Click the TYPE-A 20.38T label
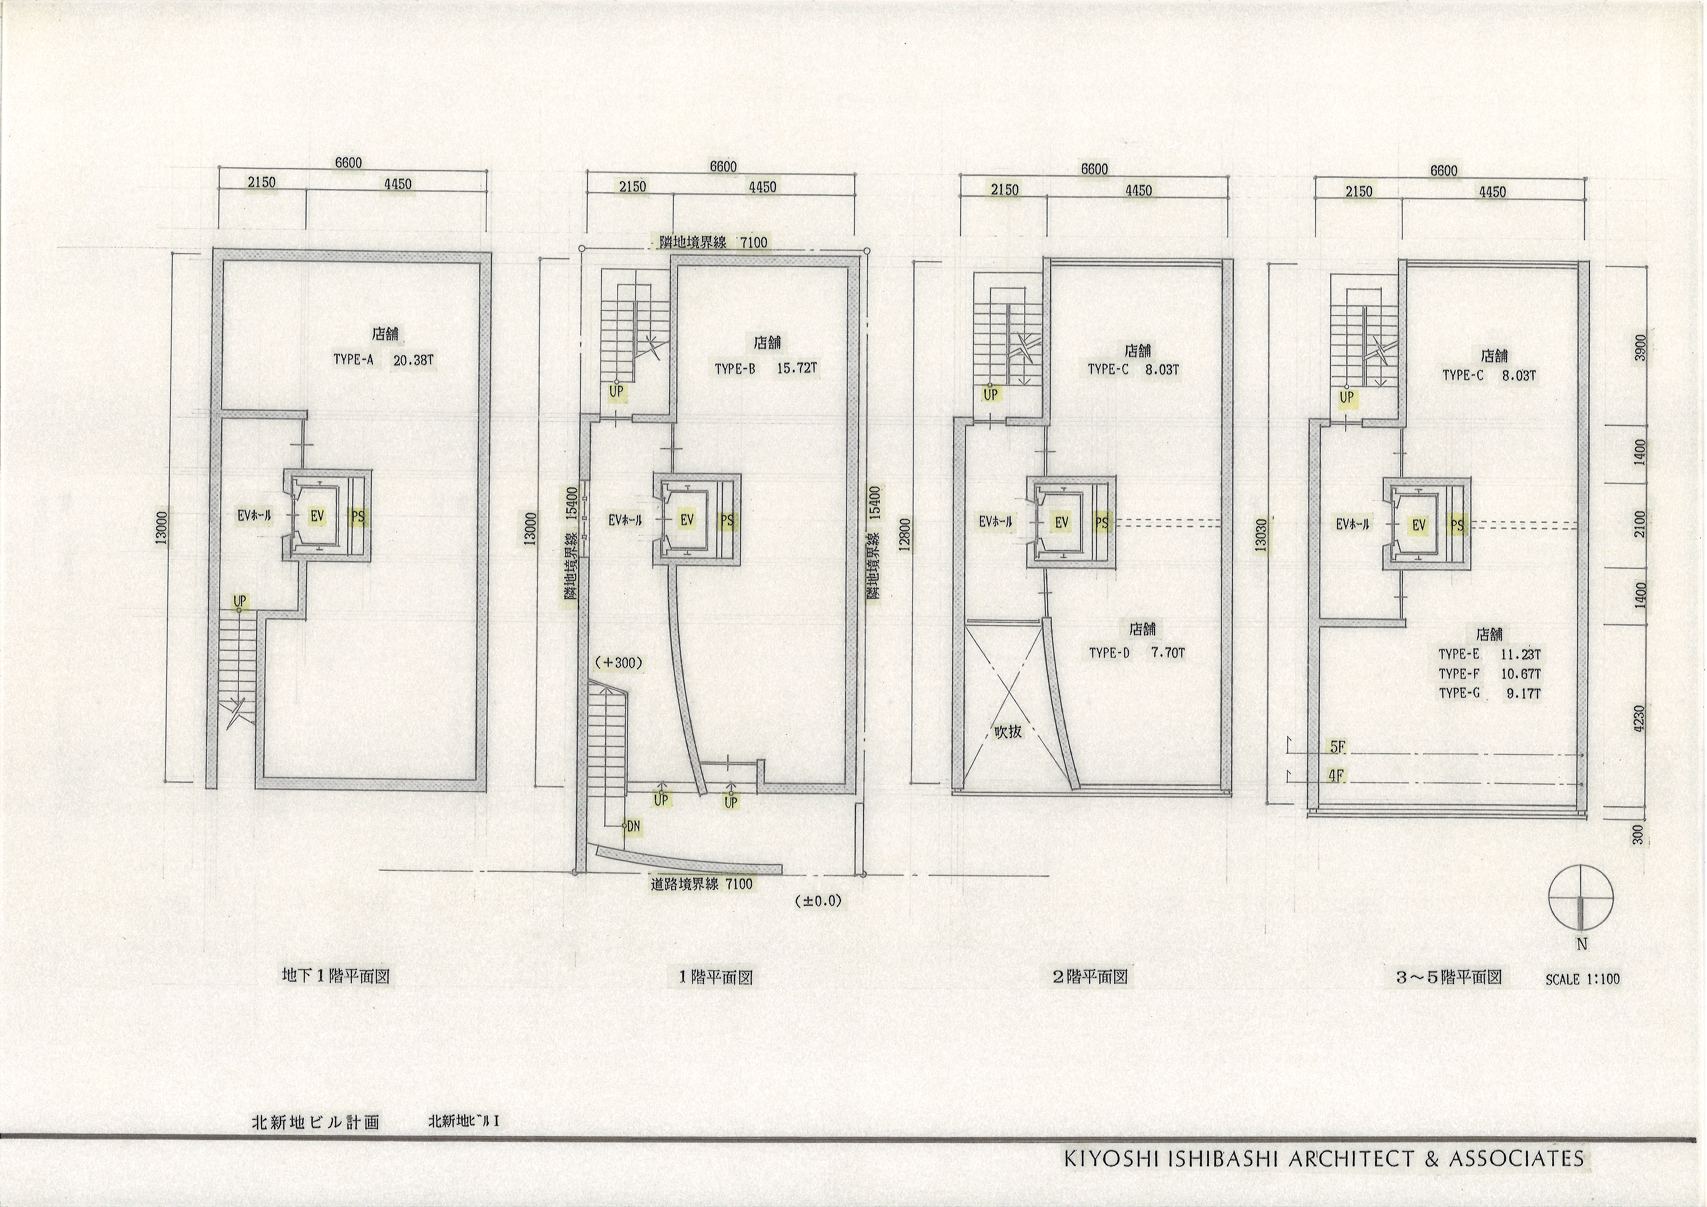383,361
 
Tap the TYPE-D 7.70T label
1137,653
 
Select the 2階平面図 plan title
1090,976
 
